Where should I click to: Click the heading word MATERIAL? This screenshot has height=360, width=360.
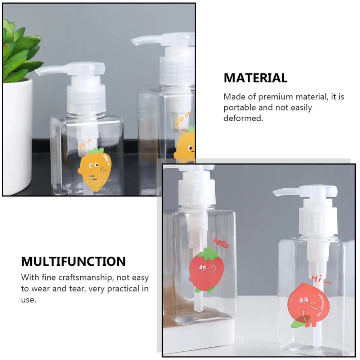[x=256, y=78]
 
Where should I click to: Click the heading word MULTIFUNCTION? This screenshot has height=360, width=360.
[x=73, y=261]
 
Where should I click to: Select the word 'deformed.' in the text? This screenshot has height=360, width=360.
[x=243, y=118]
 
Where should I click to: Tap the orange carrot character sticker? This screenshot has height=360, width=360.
[x=95, y=168]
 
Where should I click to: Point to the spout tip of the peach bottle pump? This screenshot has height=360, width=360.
[x=276, y=193]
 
